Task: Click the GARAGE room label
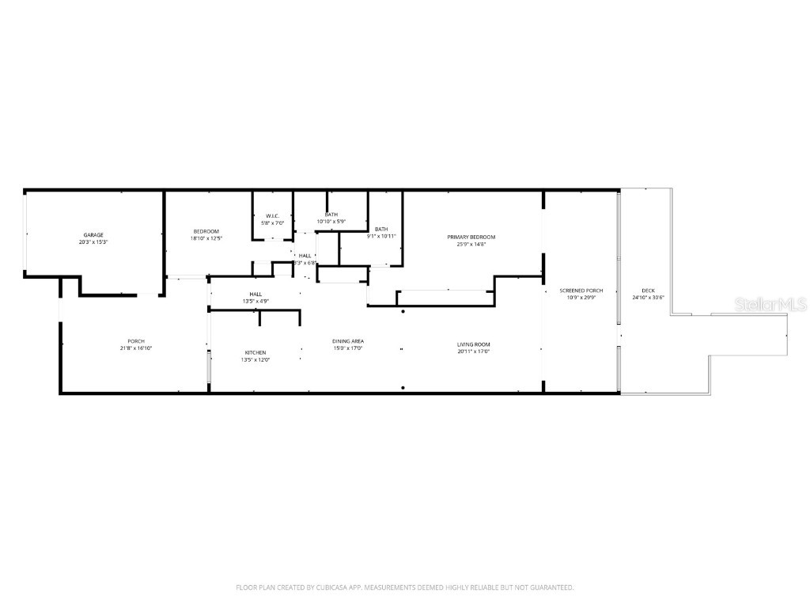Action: [93, 235]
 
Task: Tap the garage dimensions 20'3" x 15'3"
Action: [93, 242]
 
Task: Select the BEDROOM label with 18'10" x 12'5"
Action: [206, 231]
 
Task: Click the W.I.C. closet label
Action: [272, 216]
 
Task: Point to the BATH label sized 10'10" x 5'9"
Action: [331, 215]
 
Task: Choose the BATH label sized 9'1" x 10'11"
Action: [381, 230]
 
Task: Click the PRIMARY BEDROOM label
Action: [471, 237]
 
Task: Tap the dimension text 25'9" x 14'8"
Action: [471, 245]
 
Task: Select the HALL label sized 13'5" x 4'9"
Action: [255, 294]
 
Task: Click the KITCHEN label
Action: [255, 352]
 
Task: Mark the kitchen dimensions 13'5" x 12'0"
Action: [255, 359]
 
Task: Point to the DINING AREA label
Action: [347, 341]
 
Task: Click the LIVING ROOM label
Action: [473, 344]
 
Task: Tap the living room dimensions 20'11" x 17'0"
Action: [473, 351]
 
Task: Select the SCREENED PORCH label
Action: [581, 291]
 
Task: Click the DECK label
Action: [648, 291]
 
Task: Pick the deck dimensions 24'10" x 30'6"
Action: [648, 298]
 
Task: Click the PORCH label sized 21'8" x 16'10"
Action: [135, 341]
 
